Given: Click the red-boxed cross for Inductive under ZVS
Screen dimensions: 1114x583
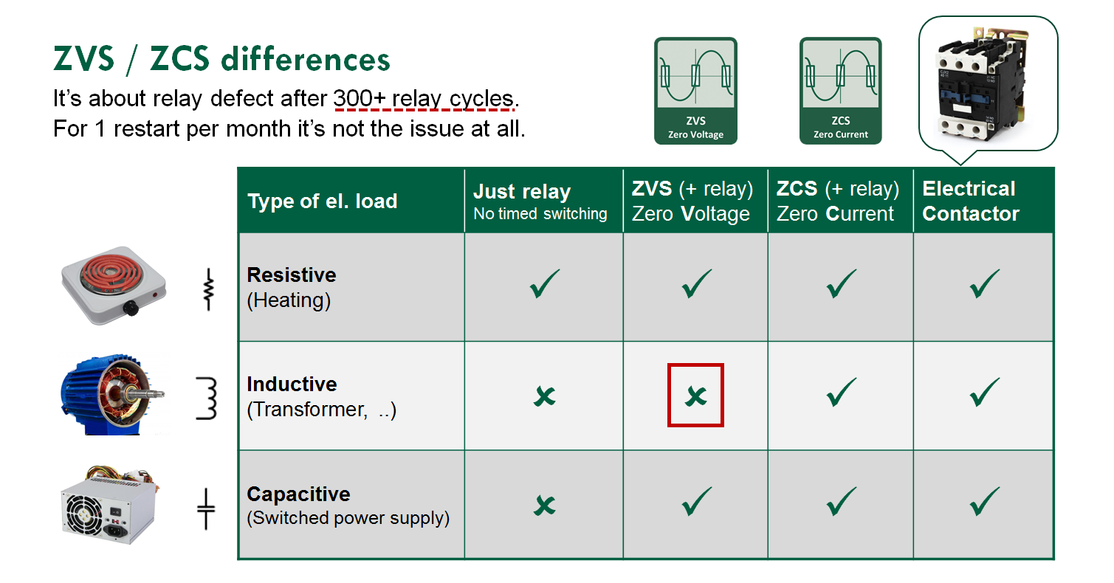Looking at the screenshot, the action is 695,396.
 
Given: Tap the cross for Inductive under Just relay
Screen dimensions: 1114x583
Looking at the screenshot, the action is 545,396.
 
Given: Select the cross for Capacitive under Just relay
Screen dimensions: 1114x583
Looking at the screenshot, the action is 545,506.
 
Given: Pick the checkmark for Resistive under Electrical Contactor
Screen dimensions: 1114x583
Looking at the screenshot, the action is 984,284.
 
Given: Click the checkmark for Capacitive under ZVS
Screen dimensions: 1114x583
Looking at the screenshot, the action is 696,501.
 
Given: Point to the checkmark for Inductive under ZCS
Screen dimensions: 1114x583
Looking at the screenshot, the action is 841,392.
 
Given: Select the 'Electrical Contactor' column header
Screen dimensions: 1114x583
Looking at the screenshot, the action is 971,201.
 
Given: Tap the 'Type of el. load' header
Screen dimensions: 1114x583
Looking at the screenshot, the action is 323,201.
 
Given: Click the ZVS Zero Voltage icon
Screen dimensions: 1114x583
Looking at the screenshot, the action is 695,91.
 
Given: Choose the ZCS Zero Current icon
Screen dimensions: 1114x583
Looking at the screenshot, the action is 840,91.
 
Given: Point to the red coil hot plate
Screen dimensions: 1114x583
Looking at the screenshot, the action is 114,285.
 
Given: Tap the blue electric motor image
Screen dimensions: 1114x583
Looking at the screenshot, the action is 112,395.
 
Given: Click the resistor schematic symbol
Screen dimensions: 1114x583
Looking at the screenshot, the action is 209,290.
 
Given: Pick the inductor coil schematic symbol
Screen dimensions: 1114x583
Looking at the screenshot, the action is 207,399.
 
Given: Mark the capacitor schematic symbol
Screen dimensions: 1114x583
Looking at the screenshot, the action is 206,509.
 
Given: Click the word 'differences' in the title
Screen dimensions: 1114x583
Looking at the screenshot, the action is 306,59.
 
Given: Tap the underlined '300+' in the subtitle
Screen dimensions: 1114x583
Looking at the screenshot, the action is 360,98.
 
